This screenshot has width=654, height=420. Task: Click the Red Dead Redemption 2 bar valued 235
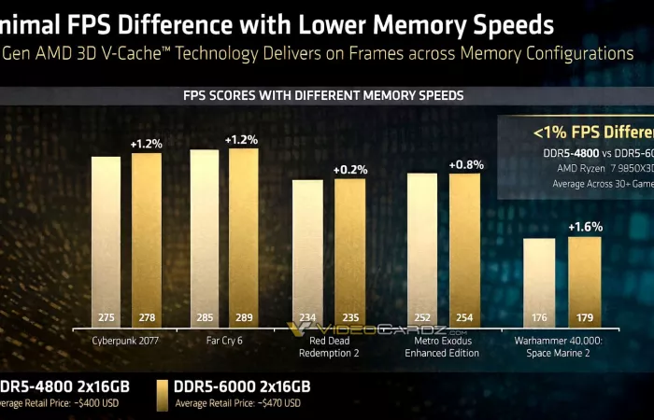coord(350,252)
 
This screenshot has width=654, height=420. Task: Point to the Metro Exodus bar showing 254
coord(464,249)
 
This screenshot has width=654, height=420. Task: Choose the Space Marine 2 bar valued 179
coord(584,281)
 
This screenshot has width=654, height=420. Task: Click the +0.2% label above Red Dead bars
coord(350,169)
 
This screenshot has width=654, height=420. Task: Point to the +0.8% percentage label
coord(465,164)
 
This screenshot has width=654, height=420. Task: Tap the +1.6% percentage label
coord(585,226)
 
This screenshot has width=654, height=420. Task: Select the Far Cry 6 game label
coord(224,341)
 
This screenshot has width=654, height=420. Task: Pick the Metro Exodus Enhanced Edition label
coord(443,347)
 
